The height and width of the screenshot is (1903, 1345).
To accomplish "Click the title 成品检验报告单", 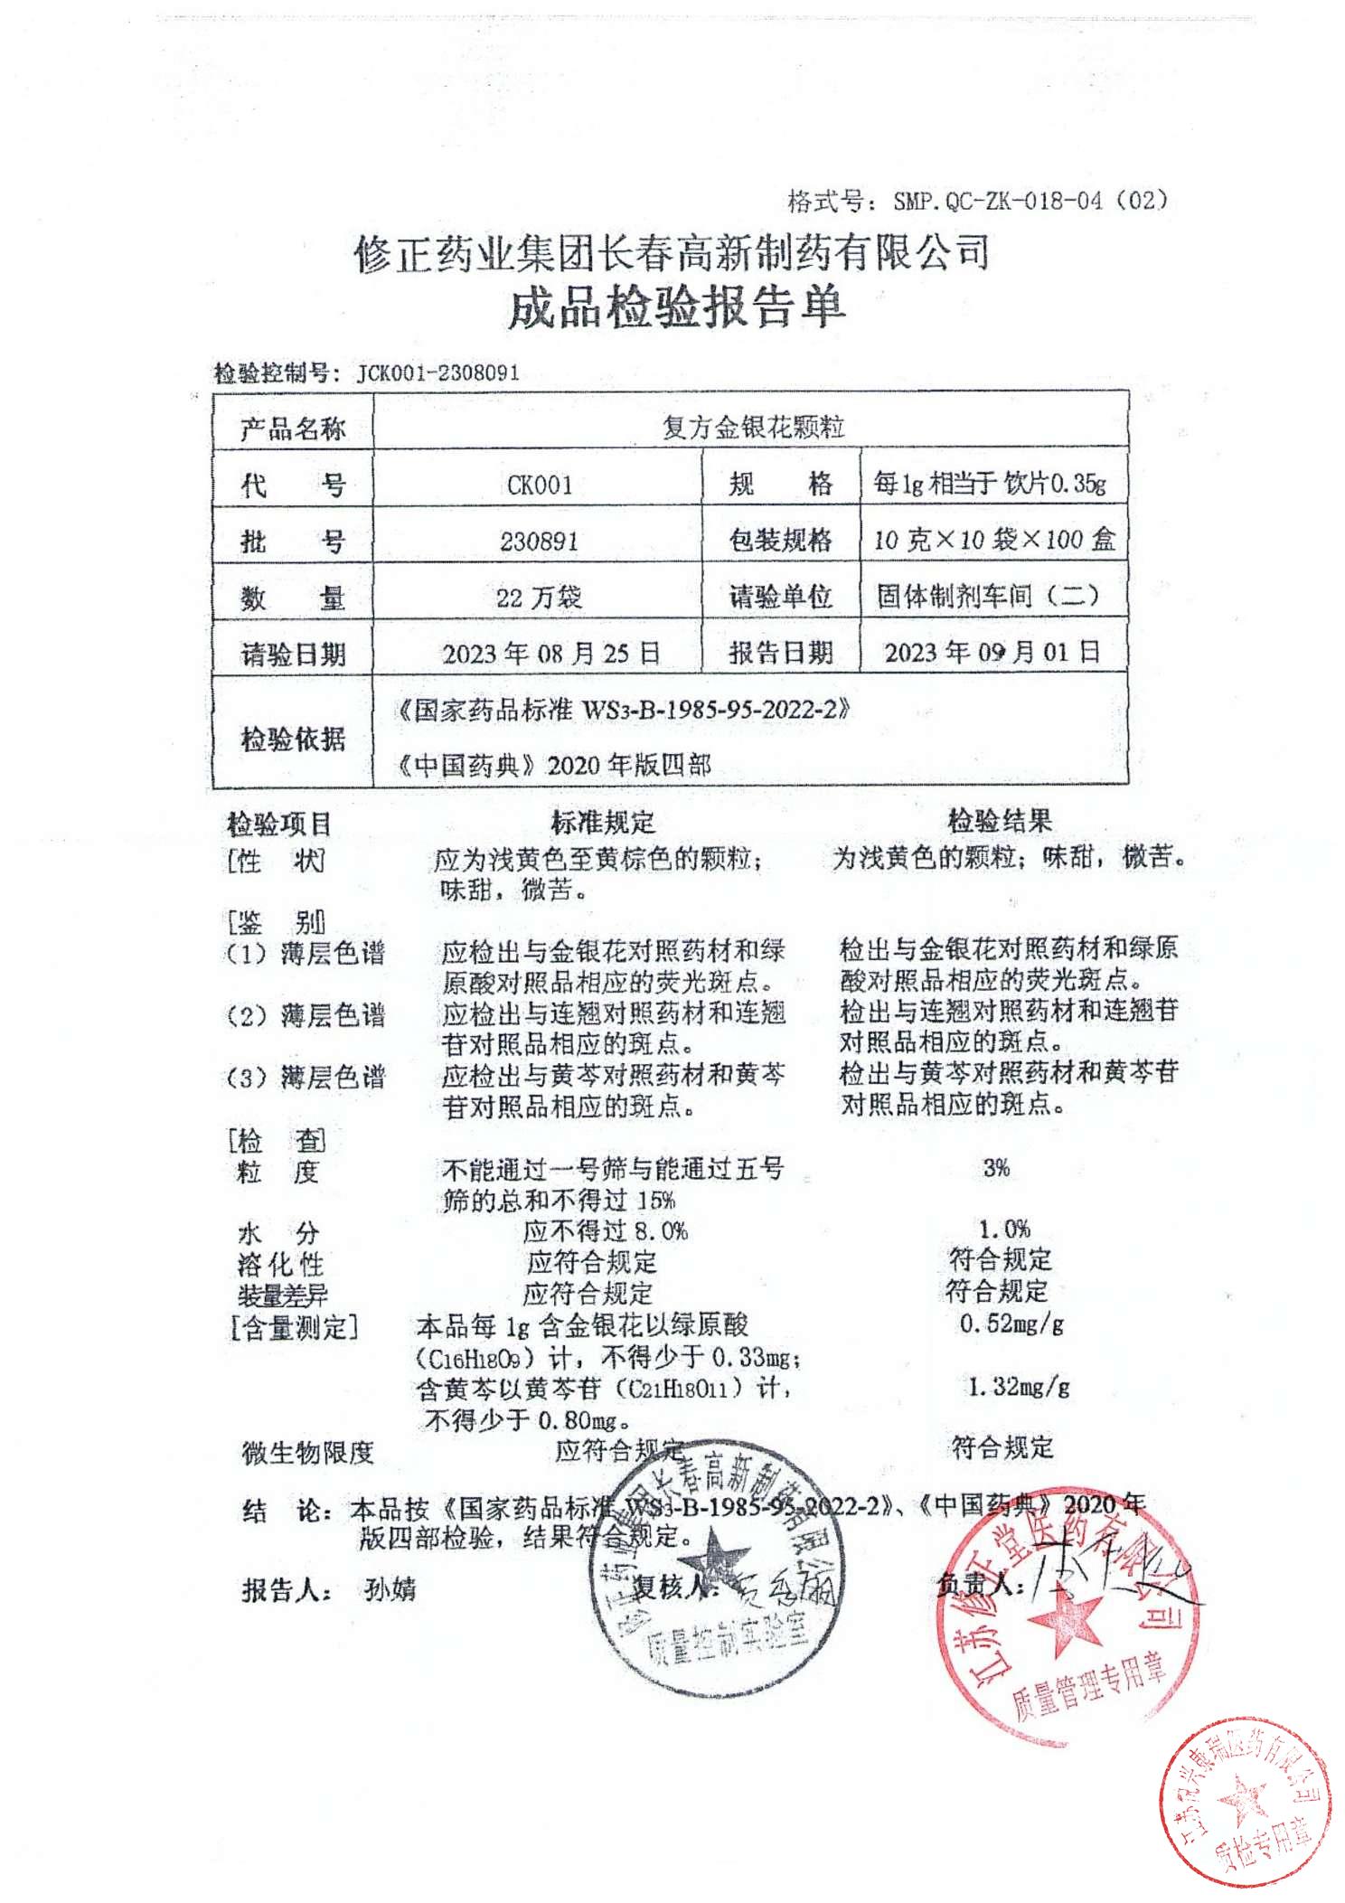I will (x=676, y=307).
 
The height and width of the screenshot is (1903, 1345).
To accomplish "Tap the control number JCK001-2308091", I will (x=437, y=373).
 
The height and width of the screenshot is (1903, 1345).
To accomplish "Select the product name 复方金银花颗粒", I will (x=752, y=427).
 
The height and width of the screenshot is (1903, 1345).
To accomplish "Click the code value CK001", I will (x=539, y=485).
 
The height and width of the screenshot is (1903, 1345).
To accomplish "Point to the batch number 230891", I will (x=539, y=541).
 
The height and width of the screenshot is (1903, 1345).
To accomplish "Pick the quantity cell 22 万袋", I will (x=539, y=597).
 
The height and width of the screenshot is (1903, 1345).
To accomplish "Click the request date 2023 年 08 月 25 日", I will (x=550, y=654).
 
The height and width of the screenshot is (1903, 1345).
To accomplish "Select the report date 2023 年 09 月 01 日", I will (x=992, y=652).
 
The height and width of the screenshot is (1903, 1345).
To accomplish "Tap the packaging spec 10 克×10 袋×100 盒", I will (x=994, y=541).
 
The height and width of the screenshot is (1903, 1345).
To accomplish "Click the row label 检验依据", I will (x=293, y=740).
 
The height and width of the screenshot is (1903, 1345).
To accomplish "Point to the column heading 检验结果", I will (x=999, y=821).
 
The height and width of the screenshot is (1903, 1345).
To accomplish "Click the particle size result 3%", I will (x=996, y=1168).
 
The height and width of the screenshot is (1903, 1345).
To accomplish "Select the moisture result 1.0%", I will (x=1004, y=1229).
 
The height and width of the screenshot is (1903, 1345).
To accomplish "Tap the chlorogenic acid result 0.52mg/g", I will (x=1011, y=1324).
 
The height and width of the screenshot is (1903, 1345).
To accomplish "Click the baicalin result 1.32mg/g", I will (x=1019, y=1386).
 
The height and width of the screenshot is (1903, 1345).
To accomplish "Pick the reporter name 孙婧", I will (x=390, y=1589).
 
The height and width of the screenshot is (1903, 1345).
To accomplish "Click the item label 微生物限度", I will (x=307, y=1453).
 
